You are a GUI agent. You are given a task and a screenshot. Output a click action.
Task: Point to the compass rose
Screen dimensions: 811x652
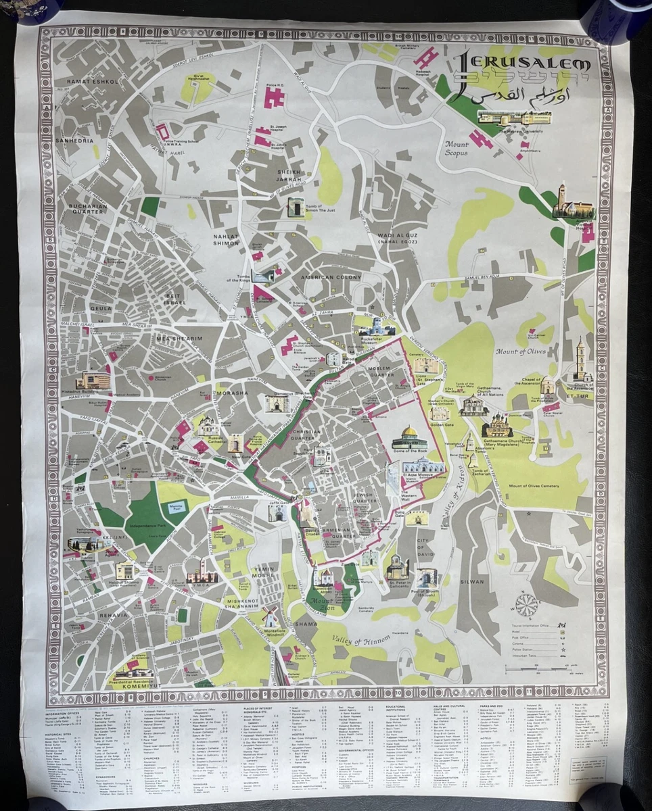(x=527, y=604)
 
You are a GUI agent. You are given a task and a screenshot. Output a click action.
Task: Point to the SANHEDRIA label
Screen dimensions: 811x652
(x=81, y=122)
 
